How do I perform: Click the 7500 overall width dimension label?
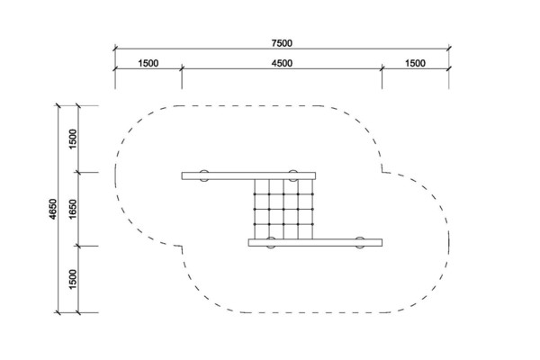click(282, 43)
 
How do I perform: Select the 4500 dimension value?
click(282, 63)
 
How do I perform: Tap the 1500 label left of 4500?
click(148, 63)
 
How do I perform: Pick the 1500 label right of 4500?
click(415, 63)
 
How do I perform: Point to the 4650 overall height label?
click(52, 209)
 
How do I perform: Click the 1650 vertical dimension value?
click(73, 209)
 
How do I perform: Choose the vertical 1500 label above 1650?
click(73, 139)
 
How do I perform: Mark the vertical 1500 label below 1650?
click(73, 279)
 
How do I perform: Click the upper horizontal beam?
click(248, 176)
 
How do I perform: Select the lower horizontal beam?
click(315, 242)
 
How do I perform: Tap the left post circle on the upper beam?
click(204, 175)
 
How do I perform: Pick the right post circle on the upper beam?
click(292, 175)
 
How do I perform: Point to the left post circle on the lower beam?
click(271, 242)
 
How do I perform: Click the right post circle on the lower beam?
click(359, 242)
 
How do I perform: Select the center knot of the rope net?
click(283, 209)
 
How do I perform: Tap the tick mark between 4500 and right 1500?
click(382, 68)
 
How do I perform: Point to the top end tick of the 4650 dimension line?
click(58, 106)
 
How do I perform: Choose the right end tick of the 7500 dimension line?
click(449, 49)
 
